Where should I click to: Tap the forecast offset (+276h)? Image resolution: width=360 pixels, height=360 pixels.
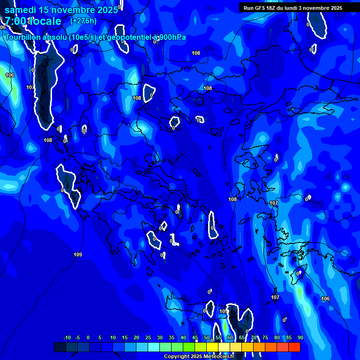click(x=83, y=21)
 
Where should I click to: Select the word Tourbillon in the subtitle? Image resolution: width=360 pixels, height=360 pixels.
click(x=23, y=37)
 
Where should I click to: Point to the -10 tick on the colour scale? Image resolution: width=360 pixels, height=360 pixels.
click(x=67, y=337)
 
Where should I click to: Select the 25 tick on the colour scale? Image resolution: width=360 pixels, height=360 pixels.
click(x=148, y=337)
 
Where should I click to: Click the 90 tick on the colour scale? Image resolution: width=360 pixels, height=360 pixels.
click(x=300, y=337)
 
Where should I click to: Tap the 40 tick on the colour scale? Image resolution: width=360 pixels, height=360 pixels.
click(x=183, y=337)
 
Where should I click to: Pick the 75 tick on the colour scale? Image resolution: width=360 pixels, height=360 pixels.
click(x=265, y=337)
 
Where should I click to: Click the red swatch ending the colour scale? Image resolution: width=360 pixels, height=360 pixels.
click(x=294, y=347)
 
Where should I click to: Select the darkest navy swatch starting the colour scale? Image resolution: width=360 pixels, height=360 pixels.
click(x=60, y=347)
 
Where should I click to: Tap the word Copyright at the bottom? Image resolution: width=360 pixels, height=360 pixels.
click(x=176, y=357)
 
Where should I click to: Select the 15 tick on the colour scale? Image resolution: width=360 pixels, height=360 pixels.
click(x=125, y=337)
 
